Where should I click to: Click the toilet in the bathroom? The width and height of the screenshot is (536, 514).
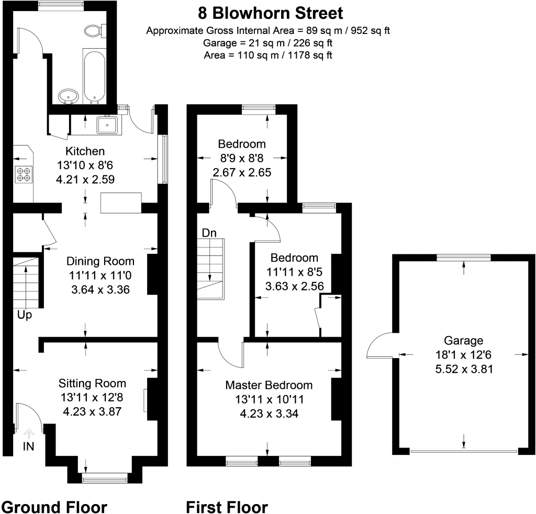(95, 31)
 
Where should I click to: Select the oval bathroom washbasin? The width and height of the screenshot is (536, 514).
(69, 96)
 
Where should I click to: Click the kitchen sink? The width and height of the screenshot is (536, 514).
(107, 125)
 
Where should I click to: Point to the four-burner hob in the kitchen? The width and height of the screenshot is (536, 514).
(24, 174)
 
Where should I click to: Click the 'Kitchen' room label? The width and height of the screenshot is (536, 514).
(85, 151)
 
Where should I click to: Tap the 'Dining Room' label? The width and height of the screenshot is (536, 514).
(100, 261)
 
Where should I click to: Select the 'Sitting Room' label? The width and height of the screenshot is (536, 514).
(92, 384)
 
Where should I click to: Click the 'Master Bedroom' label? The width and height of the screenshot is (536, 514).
(269, 385)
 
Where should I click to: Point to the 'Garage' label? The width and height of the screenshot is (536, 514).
(464, 340)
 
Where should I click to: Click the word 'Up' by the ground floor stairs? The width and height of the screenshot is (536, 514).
(25, 315)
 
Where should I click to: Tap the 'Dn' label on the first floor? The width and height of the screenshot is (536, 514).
(209, 233)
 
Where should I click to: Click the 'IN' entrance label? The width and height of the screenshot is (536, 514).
(29, 446)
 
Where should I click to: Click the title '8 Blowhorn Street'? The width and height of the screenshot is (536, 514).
(271, 14)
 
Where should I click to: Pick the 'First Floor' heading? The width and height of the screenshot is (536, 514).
(227, 507)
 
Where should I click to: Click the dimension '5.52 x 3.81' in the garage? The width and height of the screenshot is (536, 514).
(464, 369)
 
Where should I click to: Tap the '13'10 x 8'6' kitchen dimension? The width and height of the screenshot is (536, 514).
(85, 165)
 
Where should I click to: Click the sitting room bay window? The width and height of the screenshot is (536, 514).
(105, 477)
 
